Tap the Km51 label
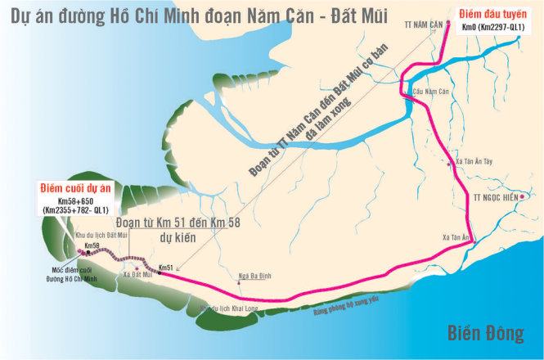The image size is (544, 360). pyautogui.click(x=167, y=267)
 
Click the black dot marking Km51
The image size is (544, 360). pyautogui.click(x=157, y=273)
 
